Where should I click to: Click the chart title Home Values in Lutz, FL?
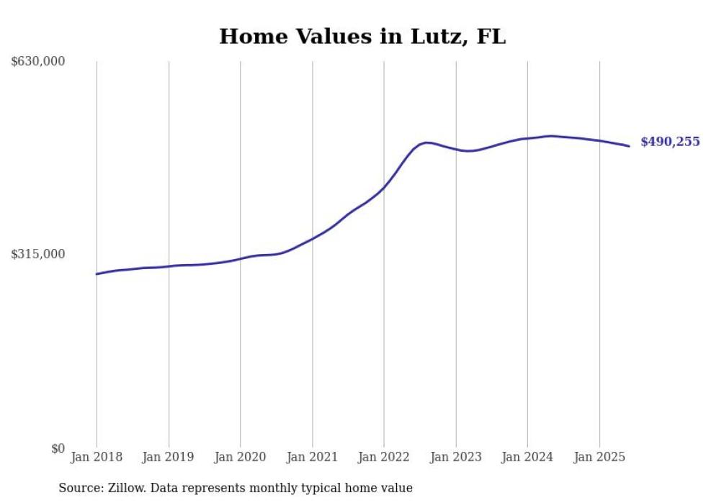point(362,37)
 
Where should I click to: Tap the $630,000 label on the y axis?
point(38,62)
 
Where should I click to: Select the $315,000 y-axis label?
point(38,254)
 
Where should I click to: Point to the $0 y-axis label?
point(58,448)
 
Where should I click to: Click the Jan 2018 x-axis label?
point(97,457)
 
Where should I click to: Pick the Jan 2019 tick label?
point(169,457)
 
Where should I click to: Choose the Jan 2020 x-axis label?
point(240,457)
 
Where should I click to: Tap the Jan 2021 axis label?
point(312,457)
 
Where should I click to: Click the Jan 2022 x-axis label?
point(384,457)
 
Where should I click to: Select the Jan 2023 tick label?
point(455,457)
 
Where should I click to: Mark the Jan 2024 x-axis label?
point(527,457)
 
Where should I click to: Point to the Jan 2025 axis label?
point(599,457)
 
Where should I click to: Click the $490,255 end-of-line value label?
point(670,142)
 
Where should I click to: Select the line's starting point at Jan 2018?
point(97,273)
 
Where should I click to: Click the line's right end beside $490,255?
point(629,146)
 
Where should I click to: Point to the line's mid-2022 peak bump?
point(426,142)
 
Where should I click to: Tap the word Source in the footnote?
point(79,488)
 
